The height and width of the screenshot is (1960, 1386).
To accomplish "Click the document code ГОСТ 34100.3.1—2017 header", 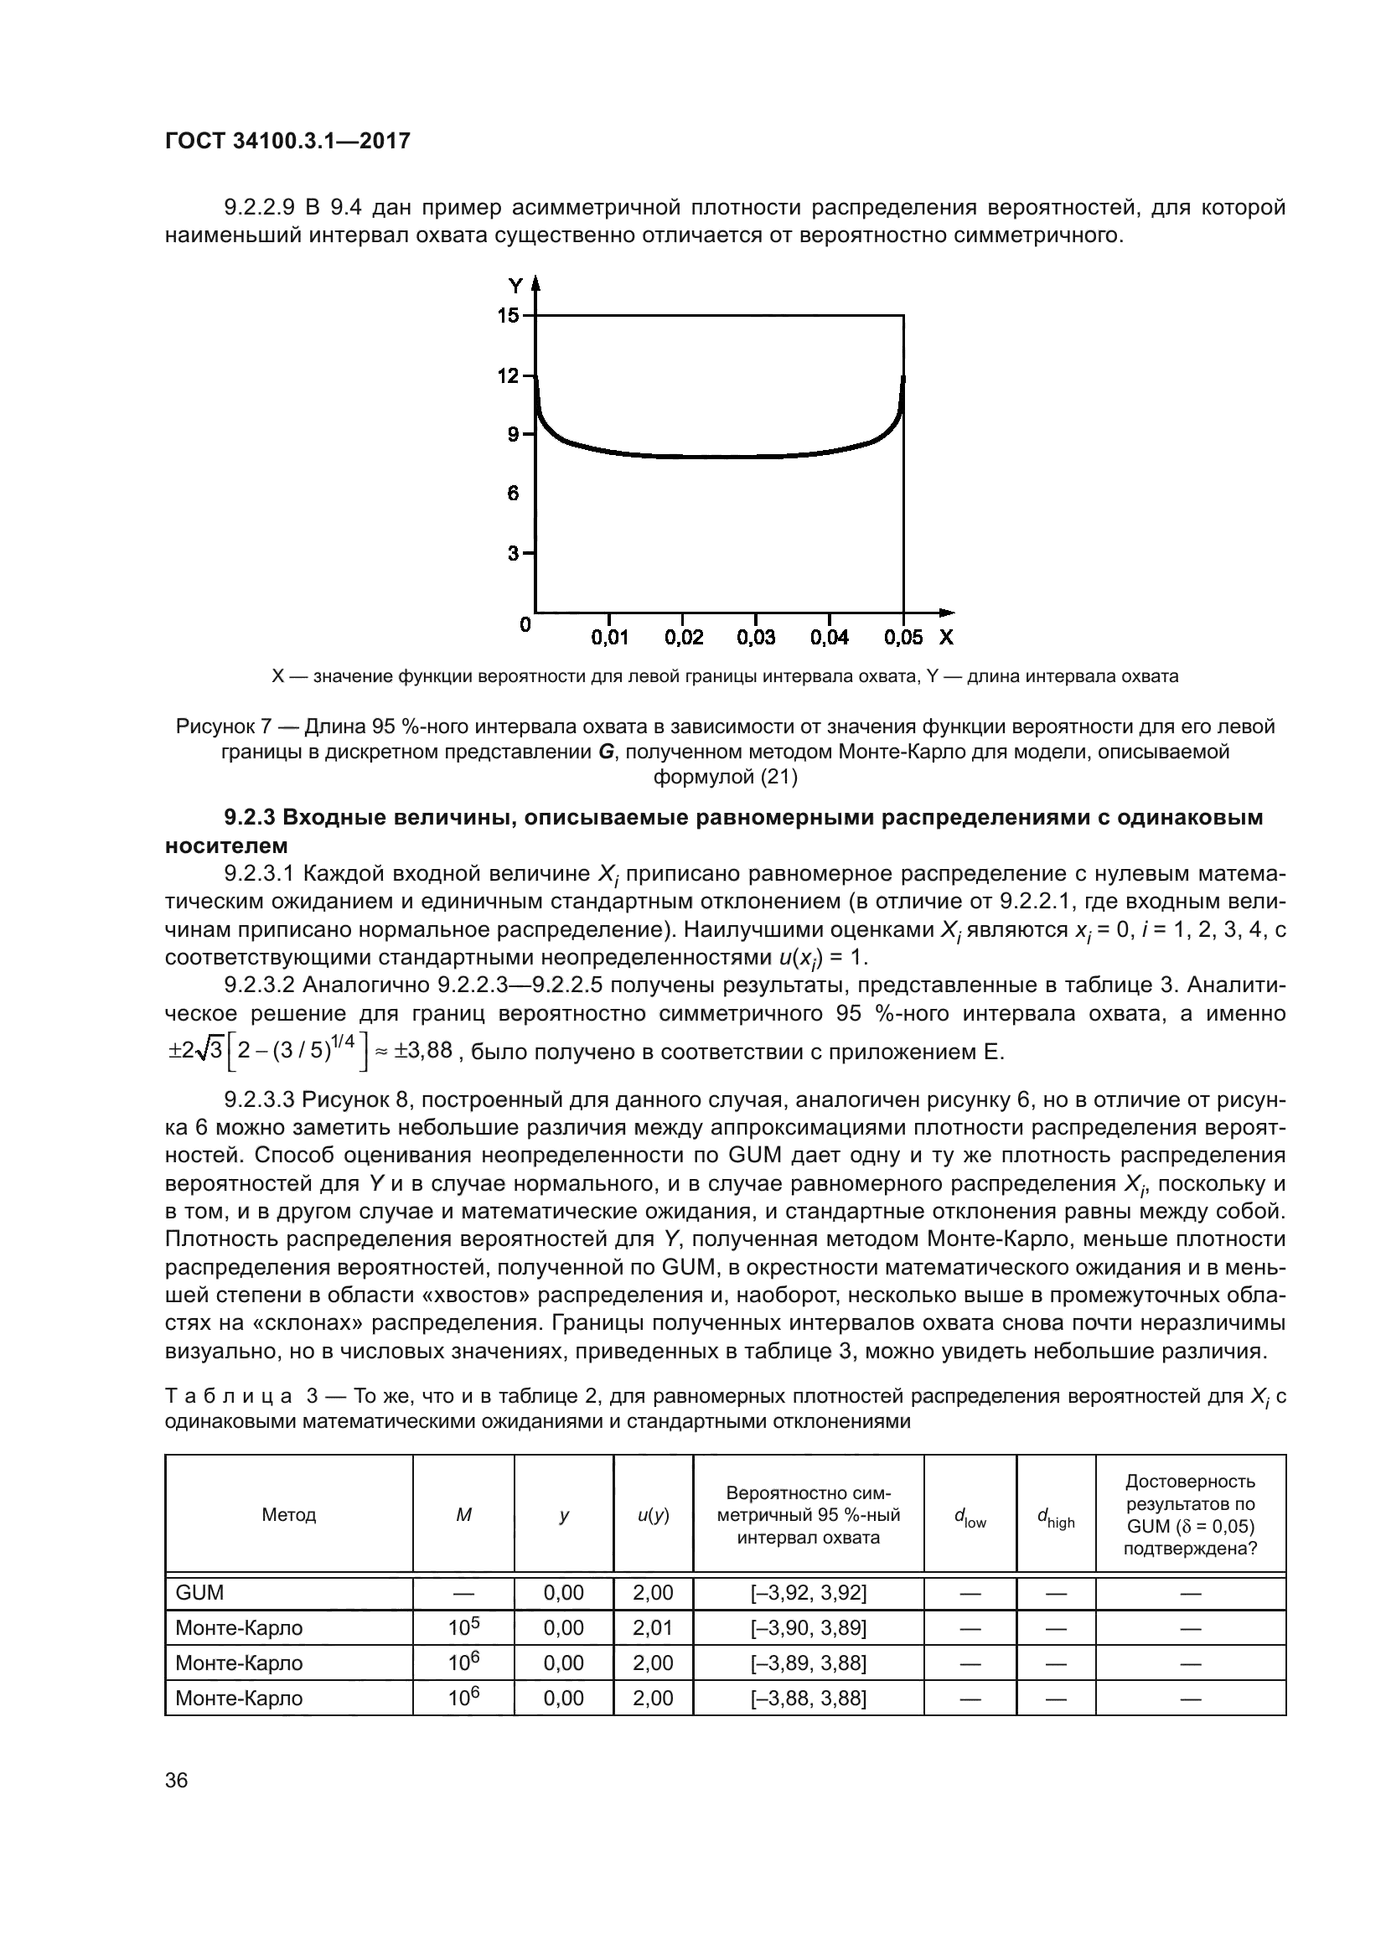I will (287, 141).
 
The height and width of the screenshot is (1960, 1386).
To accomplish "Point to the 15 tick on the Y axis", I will (509, 316).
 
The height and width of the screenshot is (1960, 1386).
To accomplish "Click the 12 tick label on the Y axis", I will (509, 375).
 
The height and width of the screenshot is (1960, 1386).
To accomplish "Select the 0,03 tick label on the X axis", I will (756, 638).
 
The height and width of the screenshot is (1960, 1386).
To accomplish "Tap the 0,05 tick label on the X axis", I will (903, 638).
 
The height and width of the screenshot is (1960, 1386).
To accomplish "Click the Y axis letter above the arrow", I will (515, 286).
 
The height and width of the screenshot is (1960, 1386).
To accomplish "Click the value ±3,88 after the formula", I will (422, 1050).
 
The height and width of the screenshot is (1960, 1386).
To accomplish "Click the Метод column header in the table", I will (288, 1514).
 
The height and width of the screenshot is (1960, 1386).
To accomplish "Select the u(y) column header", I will (653, 1514).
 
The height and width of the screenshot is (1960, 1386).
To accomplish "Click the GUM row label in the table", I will (199, 1593).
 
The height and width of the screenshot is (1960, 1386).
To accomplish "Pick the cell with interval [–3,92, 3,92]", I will (808, 1593).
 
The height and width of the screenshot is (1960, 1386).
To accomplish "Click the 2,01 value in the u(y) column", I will (653, 1628).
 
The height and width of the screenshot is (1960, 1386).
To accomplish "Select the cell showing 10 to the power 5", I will (463, 1627).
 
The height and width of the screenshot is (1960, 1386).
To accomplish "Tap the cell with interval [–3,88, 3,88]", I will (808, 1698).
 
